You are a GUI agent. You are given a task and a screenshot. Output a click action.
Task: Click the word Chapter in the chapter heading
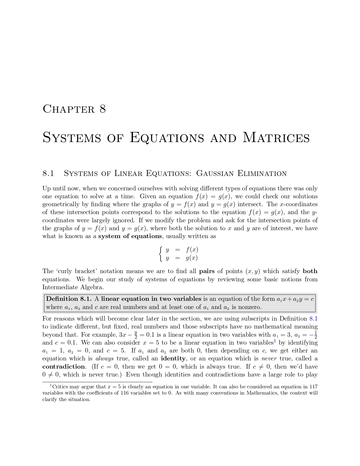(x=69, y=109)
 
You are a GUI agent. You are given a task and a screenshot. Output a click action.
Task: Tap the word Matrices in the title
(x=276, y=138)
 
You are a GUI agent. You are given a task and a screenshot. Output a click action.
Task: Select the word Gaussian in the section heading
(x=215, y=173)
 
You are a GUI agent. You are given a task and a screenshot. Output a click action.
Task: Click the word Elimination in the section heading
(x=262, y=173)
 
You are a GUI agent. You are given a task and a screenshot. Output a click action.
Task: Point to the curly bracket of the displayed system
(x=160, y=254)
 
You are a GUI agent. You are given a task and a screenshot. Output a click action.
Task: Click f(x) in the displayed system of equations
(x=192, y=250)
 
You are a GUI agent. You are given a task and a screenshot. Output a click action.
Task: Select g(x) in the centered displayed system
(x=192, y=258)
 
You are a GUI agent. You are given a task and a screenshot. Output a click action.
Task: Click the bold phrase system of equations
(x=130, y=236)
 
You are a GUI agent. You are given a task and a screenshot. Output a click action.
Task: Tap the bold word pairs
(x=207, y=271)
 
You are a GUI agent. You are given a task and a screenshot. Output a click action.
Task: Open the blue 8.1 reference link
(x=313, y=319)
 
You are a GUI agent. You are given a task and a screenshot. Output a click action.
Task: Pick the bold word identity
(x=173, y=358)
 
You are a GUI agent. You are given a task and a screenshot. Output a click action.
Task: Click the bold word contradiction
(x=64, y=367)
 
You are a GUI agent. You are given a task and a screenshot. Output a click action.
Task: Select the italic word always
(x=104, y=358)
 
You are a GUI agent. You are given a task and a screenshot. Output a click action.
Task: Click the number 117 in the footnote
(x=313, y=387)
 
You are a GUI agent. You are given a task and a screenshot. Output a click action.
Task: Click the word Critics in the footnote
(x=60, y=387)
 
